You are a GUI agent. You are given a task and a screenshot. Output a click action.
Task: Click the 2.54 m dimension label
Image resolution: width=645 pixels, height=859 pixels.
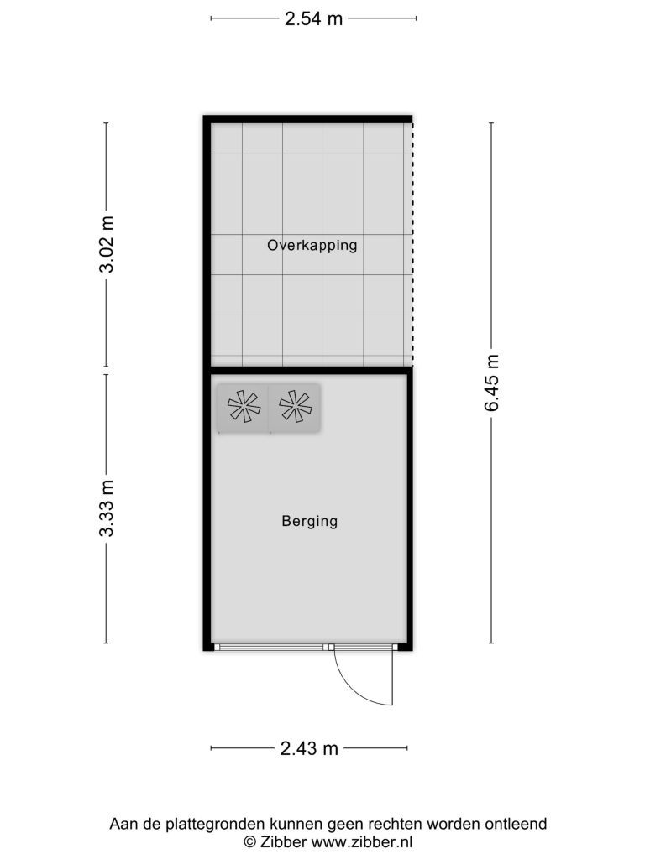point(313,18)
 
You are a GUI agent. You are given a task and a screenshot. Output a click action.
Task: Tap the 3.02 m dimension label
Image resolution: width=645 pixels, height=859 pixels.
point(107,244)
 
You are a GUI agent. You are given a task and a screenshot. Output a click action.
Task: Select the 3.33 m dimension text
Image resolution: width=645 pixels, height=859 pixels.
point(107,508)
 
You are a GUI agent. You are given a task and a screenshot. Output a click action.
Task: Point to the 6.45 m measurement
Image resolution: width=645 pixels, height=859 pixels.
point(491,383)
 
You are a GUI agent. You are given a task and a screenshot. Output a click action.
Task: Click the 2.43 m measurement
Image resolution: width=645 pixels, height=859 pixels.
point(309,748)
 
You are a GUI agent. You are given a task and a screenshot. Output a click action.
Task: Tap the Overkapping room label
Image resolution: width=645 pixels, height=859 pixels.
point(312,245)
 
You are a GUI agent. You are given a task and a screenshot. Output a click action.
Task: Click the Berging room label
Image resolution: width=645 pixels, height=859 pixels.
point(309,521)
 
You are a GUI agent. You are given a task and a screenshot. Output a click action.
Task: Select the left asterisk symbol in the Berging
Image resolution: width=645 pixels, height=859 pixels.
point(244,407)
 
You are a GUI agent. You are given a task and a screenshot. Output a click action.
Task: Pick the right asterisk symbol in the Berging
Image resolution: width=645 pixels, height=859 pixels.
point(295,407)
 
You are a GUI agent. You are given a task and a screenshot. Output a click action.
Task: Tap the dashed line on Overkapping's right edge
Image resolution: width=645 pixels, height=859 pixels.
point(412,244)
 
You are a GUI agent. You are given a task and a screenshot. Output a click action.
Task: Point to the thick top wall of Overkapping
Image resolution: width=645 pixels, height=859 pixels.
point(307,119)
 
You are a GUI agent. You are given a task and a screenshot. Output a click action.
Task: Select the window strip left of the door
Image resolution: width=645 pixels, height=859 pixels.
point(271,647)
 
